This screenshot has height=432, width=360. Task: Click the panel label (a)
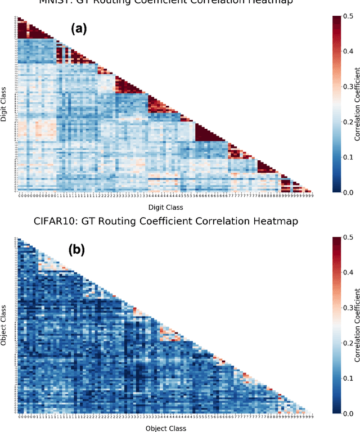tap(78, 29)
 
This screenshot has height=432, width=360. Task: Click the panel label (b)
tap(76, 249)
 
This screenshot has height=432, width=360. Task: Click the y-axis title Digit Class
tap(4, 103)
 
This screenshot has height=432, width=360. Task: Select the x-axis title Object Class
tap(165, 427)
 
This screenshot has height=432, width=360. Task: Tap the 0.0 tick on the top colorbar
tap(350, 192)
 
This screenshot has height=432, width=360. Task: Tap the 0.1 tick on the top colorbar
tap(350, 157)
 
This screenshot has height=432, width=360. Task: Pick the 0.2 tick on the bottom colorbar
tap(350, 344)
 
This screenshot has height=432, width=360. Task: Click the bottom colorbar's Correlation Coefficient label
tap(358, 326)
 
